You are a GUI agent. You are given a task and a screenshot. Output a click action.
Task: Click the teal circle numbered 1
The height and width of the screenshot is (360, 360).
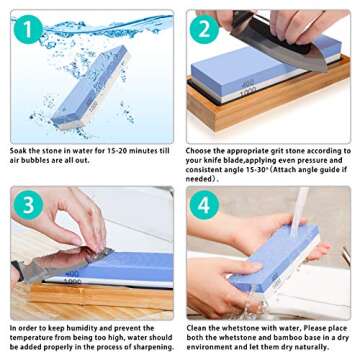[x=28, y=29]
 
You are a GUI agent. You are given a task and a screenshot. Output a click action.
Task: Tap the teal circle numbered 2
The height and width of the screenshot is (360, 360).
[x=204, y=29]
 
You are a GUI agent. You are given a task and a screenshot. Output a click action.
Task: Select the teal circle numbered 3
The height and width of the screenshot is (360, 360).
[x=28, y=205]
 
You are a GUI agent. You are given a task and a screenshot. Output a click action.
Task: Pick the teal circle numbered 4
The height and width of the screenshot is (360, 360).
[x=204, y=205]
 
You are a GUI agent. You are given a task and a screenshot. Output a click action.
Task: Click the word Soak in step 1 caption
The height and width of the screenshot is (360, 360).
[x=18, y=151]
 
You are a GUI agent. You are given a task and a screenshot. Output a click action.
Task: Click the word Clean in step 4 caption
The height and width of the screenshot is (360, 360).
[x=196, y=328]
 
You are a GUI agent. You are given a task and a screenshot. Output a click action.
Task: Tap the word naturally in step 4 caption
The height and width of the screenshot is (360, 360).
[x=312, y=347]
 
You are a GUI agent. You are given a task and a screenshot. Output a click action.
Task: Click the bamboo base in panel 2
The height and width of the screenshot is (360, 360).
[x=268, y=102]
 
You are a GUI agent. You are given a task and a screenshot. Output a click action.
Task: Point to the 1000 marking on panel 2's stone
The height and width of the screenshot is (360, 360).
[x=248, y=91]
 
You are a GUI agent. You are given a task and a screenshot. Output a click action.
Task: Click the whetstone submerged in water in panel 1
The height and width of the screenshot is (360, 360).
[x=90, y=87]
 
